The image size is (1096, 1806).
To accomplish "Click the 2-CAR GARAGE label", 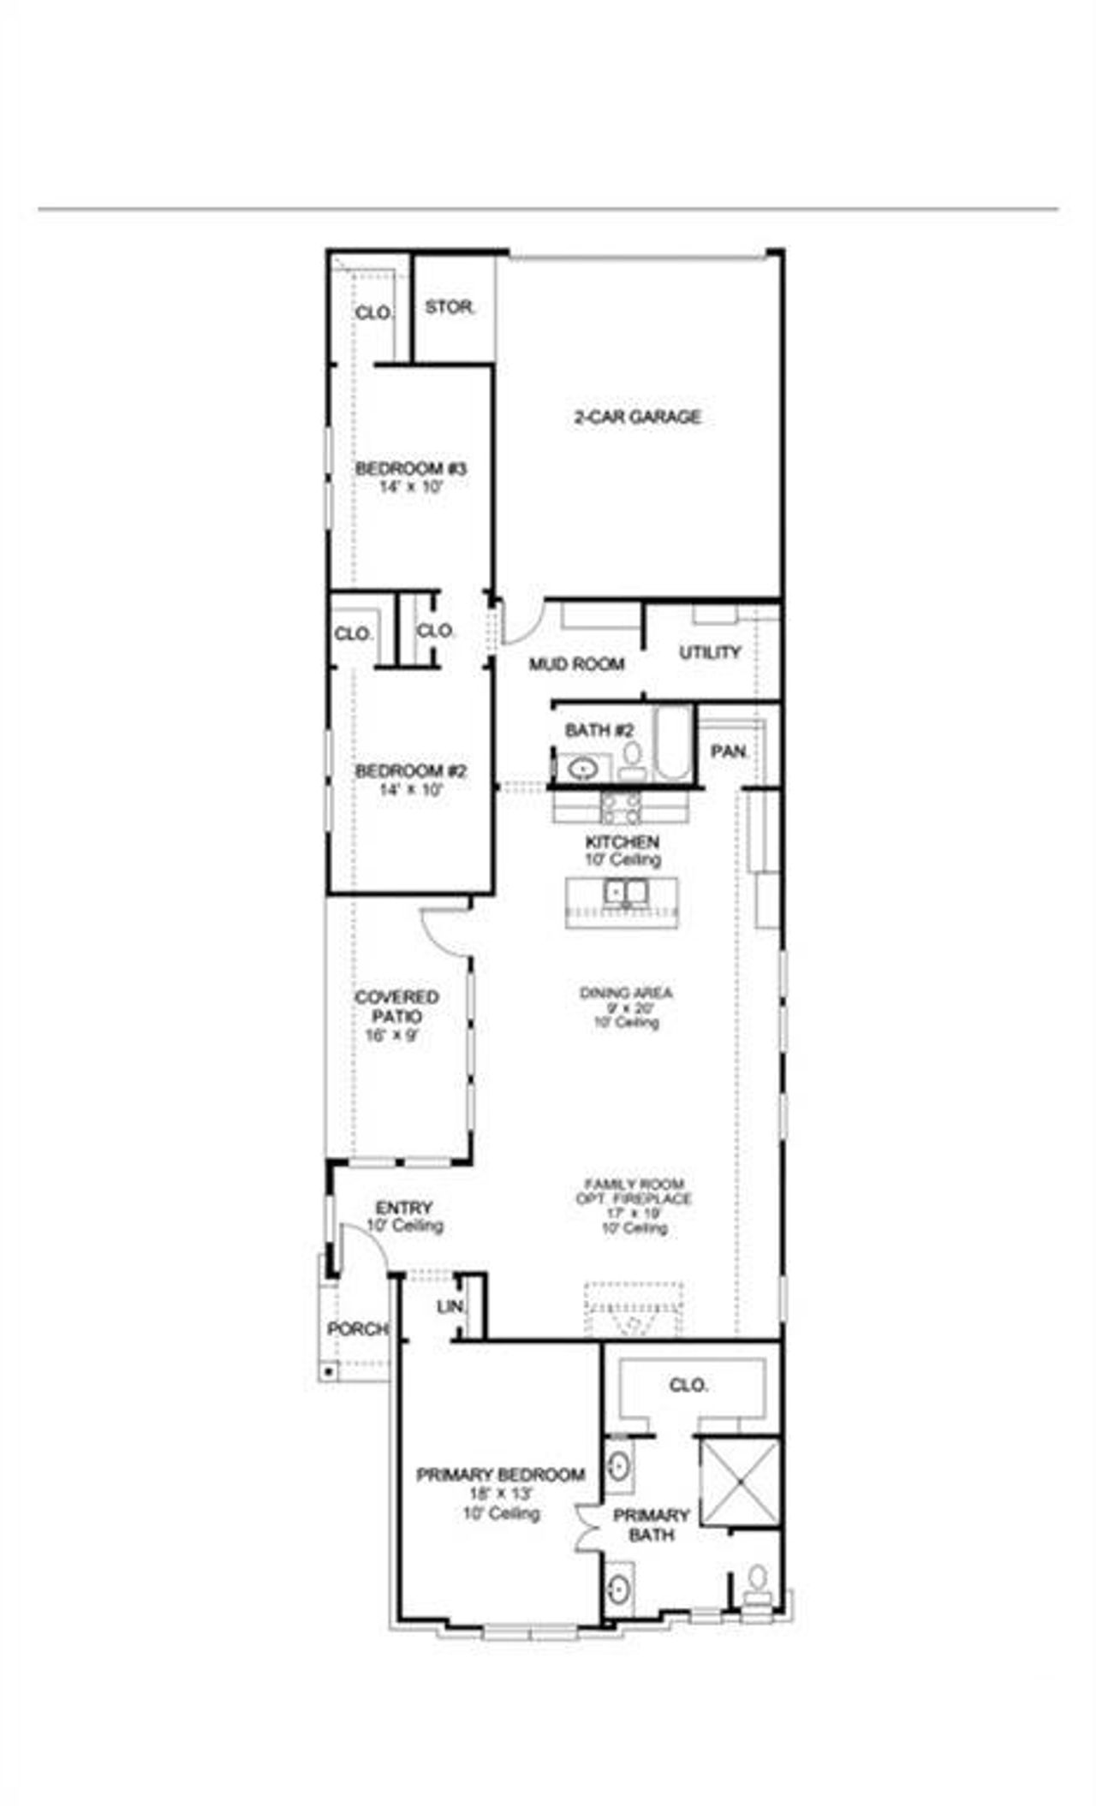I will click(x=637, y=417).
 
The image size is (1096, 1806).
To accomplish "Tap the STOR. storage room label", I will click(x=450, y=307).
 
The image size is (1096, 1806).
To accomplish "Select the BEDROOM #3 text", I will click(x=411, y=468).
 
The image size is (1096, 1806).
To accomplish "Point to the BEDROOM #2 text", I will click(x=411, y=771).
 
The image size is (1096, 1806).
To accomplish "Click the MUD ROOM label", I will click(x=576, y=664).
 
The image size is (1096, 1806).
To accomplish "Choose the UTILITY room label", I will click(x=710, y=653).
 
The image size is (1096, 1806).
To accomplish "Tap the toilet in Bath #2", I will click(x=633, y=757).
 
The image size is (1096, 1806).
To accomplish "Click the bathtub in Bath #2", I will click(x=672, y=743).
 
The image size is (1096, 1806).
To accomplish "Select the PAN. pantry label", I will click(x=730, y=752).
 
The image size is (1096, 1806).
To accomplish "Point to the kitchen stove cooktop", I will click(x=622, y=806).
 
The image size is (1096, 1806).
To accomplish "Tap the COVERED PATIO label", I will click(x=396, y=1007).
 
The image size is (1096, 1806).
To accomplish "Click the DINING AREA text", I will click(x=626, y=993).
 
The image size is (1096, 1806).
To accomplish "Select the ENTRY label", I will click(x=404, y=1208).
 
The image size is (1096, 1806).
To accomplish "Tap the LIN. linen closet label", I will click(x=450, y=1308).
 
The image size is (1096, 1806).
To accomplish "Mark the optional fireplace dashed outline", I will click(x=634, y=1309).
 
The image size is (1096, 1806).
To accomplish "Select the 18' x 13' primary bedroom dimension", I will click(x=501, y=1494).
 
